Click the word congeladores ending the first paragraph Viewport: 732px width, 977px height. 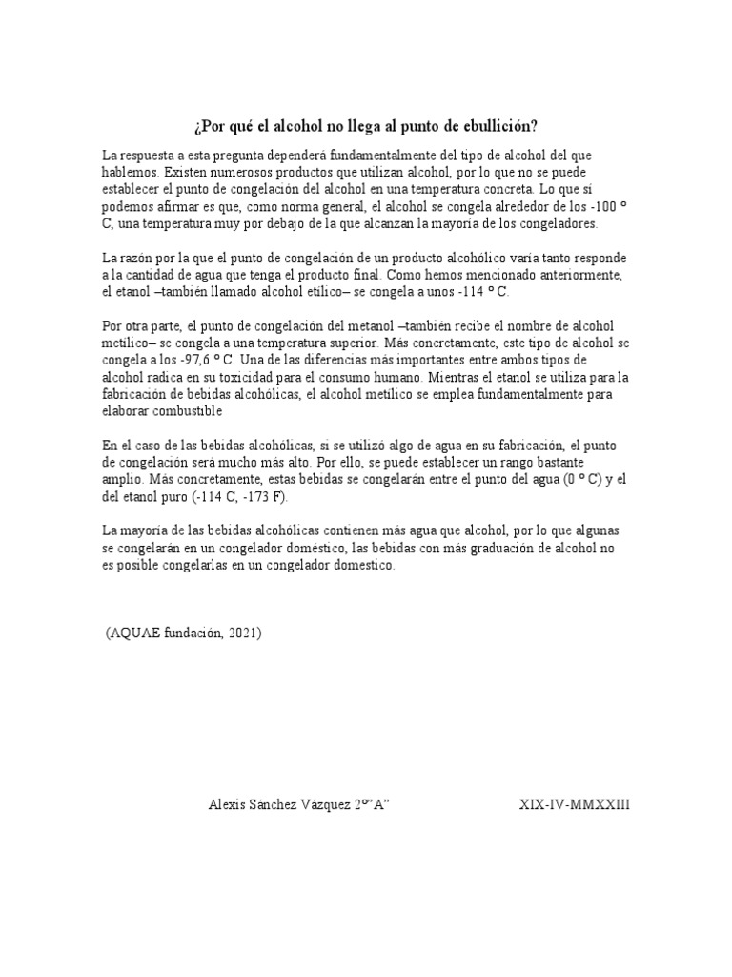(557, 222)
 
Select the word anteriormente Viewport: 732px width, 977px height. (581, 275)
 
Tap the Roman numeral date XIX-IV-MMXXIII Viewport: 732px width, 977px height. (574, 804)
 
